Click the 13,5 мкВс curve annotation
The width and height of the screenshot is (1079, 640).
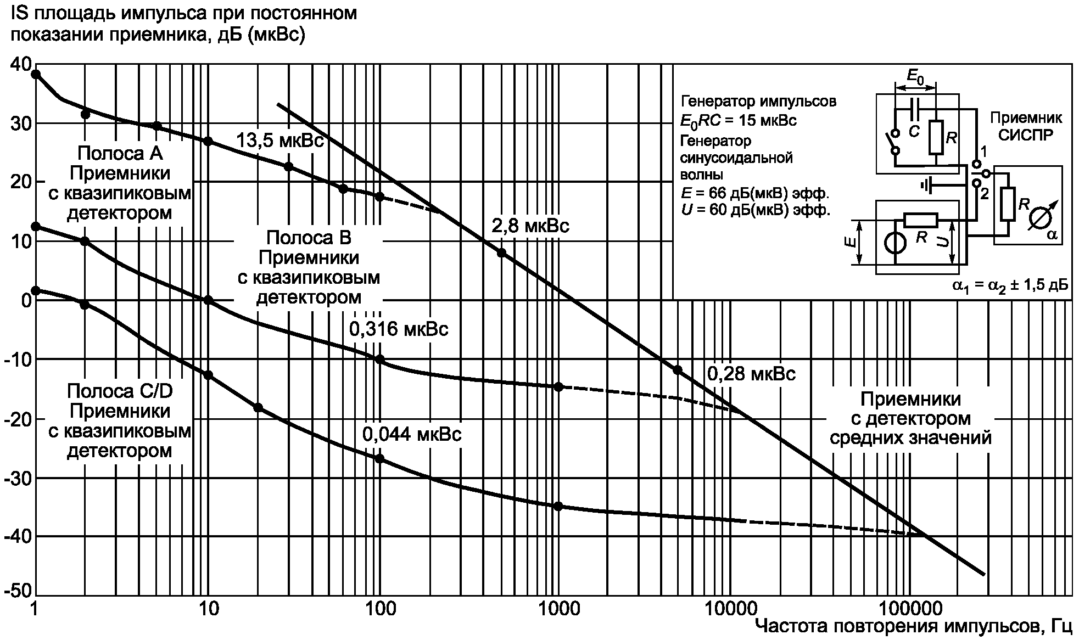click(x=280, y=141)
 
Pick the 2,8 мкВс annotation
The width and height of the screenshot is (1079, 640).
click(x=530, y=226)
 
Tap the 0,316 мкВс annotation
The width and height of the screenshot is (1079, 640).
click(x=399, y=329)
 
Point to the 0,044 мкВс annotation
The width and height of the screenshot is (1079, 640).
click(x=412, y=434)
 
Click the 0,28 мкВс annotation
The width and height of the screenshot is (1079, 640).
click(x=751, y=374)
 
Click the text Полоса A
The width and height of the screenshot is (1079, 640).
click(x=120, y=153)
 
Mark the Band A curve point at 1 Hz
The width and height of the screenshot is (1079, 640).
click(x=36, y=74)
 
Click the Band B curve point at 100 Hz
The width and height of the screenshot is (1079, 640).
click(x=379, y=360)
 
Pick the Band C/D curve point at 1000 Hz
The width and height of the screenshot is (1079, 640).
click(x=558, y=506)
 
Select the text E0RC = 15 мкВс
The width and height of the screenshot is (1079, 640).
click(x=739, y=121)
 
